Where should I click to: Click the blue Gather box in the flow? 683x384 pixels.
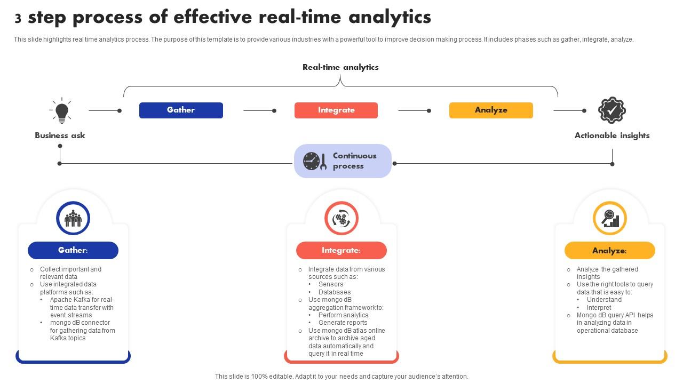click(181, 110)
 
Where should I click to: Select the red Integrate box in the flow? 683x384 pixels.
click(336, 110)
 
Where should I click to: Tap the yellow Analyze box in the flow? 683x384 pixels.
click(491, 110)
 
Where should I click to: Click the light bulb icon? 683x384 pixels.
click(62, 111)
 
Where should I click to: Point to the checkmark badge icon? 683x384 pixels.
click(611, 110)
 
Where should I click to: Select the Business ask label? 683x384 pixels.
click(60, 135)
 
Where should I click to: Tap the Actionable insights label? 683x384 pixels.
click(612, 135)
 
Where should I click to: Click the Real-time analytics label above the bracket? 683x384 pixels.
click(340, 67)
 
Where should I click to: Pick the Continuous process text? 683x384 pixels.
click(354, 161)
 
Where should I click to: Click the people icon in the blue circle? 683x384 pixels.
click(73, 218)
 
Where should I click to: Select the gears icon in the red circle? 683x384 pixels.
click(341, 218)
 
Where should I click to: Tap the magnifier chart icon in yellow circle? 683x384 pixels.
click(610, 218)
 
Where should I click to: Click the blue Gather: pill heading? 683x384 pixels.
click(73, 250)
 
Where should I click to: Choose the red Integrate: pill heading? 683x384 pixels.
click(341, 250)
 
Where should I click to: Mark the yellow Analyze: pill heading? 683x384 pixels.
click(610, 250)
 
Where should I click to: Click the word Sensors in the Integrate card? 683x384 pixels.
click(331, 284)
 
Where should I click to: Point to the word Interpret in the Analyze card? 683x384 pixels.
click(599, 308)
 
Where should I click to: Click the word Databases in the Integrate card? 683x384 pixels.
click(335, 292)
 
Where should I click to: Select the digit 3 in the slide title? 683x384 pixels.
click(18, 19)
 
